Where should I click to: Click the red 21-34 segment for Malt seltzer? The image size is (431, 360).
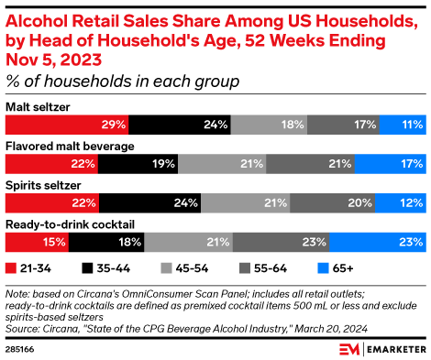pyautogui.click(x=67, y=125)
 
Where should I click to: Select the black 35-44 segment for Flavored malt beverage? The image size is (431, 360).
pyautogui.click(x=138, y=163)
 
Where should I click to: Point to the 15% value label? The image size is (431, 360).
pyautogui.click(x=54, y=242)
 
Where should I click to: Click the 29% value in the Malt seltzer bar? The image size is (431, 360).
pyautogui.click(x=114, y=125)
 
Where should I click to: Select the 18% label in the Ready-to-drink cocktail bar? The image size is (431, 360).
pyautogui.click(x=128, y=242)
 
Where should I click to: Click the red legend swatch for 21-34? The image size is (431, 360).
pyautogui.click(x=11, y=268)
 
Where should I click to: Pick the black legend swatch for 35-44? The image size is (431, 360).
pyautogui.click(x=89, y=268)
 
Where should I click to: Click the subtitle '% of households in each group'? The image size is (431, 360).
pyautogui.click(x=123, y=82)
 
